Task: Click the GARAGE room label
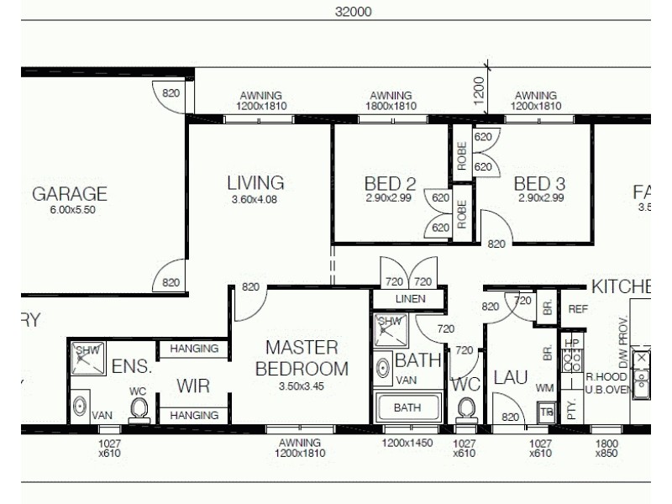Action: pyautogui.click(x=70, y=194)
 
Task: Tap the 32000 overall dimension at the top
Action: pyautogui.click(x=353, y=12)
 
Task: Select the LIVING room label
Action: pyautogui.click(x=255, y=182)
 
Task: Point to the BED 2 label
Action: pyautogui.click(x=390, y=183)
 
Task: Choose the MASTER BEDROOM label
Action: pyautogui.click(x=301, y=359)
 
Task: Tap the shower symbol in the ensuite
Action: pyautogui.click(x=87, y=357)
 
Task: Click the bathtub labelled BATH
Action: pyautogui.click(x=407, y=408)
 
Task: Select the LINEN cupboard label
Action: pyautogui.click(x=407, y=299)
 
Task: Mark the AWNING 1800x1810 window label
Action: pyautogui.click(x=391, y=101)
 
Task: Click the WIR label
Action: pyautogui.click(x=192, y=386)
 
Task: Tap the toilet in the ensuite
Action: pyautogui.click(x=139, y=409)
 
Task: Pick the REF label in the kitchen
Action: pyautogui.click(x=578, y=309)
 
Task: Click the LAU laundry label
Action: pyautogui.click(x=510, y=378)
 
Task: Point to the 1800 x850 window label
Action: pyautogui.click(x=607, y=447)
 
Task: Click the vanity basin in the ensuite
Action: pyautogui.click(x=80, y=407)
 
